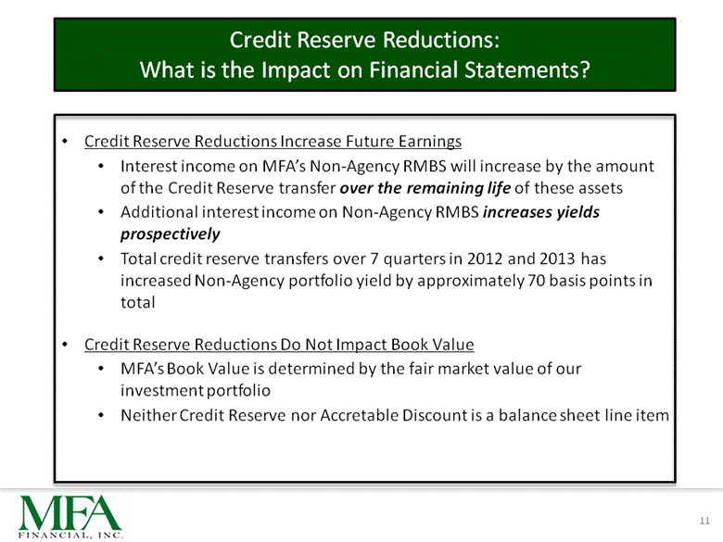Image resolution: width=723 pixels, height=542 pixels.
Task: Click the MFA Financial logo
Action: (70, 516)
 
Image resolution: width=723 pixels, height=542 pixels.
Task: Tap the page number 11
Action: (704, 521)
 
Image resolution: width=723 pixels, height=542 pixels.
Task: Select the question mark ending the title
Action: (584, 69)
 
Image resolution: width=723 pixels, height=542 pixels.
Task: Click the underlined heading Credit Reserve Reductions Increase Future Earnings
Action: (273, 141)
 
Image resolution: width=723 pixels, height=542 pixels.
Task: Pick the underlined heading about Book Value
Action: (279, 345)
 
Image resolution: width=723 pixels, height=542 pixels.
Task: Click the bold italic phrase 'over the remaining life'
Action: (425, 188)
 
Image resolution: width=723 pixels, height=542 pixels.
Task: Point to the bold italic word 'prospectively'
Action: (171, 234)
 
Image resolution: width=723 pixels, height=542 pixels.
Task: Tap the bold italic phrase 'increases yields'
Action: (541, 212)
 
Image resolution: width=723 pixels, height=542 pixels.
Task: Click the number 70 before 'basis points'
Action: (537, 280)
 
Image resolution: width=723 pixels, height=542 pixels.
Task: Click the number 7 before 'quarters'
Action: (374, 258)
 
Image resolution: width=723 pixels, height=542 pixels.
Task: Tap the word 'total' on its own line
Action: (137, 302)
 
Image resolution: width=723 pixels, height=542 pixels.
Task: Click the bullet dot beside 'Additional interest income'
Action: (101, 212)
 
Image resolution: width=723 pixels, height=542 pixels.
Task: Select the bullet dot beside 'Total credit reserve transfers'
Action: (101, 258)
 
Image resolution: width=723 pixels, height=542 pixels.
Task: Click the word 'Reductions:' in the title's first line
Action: (441, 40)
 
